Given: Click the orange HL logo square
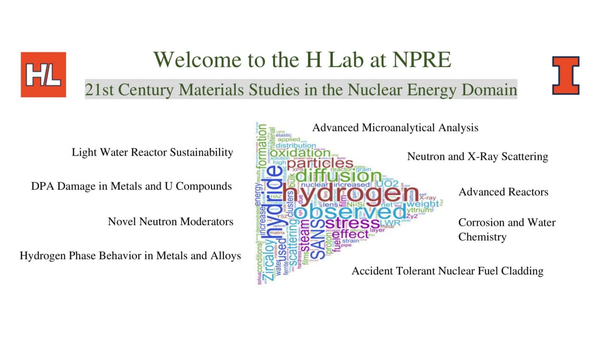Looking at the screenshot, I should click(x=43, y=74).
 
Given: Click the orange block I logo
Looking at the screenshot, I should click(x=565, y=75).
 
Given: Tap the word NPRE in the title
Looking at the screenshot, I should click(x=422, y=59).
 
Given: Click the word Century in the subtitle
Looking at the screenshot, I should click(x=146, y=90).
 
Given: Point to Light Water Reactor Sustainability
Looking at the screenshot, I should click(x=152, y=152).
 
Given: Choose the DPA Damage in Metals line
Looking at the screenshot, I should click(x=131, y=186).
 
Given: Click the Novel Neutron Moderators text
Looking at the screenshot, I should click(x=171, y=221).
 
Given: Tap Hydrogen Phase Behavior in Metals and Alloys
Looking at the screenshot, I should click(x=130, y=256).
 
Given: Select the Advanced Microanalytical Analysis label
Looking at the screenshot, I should click(x=395, y=128).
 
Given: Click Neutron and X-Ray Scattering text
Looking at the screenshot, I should click(x=477, y=157).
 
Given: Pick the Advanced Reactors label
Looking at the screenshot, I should click(x=503, y=192).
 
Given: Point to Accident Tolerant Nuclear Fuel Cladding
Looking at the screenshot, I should click(x=447, y=271).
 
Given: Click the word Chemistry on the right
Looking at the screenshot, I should click(x=482, y=237).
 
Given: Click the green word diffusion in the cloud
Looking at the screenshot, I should click(x=339, y=175).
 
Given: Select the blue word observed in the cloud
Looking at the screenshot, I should click(x=352, y=212).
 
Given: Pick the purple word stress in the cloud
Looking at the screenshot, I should click(x=352, y=223).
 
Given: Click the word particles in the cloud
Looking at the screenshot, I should click(x=320, y=163).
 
